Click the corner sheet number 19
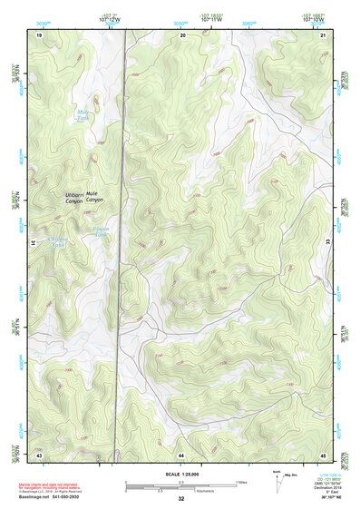click(x=39, y=34)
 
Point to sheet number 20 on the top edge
click(x=183, y=34)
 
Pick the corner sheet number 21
click(x=323, y=34)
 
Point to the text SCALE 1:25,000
click(x=180, y=474)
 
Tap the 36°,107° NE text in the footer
click(x=321, y=499)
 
